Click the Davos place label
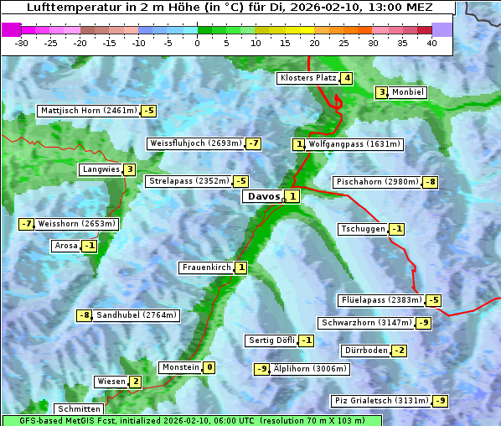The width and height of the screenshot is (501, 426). pos(262,197)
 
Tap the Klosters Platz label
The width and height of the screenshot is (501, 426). pos(307,79)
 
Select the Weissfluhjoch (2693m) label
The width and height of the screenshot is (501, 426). pos(195,143)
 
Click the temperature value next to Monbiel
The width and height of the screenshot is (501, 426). pos(382,92)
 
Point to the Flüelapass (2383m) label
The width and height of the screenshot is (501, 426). pos(380,300)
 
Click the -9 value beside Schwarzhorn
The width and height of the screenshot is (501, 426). pos(425,323)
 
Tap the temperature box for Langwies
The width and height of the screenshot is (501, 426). pos(129,169)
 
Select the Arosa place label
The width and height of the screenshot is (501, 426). pos(65,246)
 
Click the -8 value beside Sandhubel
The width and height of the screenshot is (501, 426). pos(84,315)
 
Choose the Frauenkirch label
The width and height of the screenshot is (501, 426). pos(206,268)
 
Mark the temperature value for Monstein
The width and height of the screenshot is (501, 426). pos(209,367)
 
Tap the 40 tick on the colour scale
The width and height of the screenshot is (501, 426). pos(431,43)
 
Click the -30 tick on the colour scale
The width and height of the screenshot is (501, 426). pos(22,43)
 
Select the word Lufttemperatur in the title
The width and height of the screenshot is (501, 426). pos(76,8)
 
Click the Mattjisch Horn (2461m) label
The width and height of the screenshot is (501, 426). pos(89,111)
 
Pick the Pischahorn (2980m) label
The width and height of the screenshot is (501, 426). pos(376,182)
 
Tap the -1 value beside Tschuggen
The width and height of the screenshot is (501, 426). pos(397,229)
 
